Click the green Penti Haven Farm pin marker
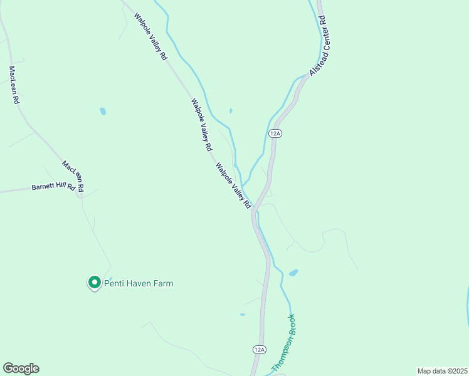94,283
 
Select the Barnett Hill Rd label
53,187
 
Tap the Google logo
21,368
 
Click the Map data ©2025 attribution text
442,371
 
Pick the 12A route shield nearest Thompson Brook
260,349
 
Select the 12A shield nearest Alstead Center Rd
275,133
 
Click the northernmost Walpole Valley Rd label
150,36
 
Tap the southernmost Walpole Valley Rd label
233,186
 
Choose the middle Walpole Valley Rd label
201,125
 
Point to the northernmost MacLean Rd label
13,85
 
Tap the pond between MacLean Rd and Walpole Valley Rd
102,112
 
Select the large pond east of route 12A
293,273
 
